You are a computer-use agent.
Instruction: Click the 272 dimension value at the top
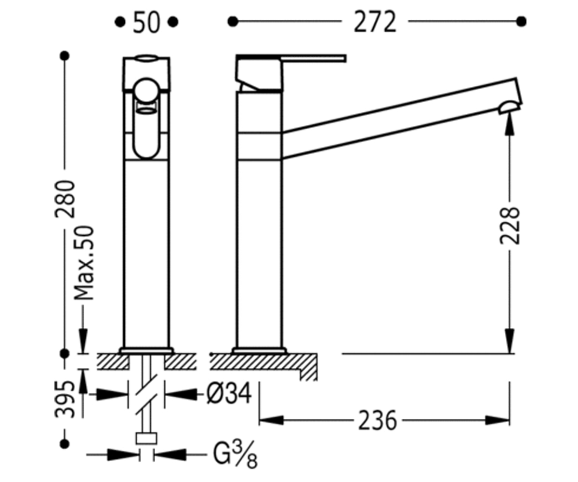375,22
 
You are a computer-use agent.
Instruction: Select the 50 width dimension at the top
146,22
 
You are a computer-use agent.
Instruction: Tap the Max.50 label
84,263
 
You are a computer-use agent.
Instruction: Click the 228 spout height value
510,226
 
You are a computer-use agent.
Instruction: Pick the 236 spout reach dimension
378,420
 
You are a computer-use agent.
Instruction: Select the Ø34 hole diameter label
229,393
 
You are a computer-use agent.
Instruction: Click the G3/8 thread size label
235,455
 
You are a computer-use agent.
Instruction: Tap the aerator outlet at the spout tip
509,108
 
